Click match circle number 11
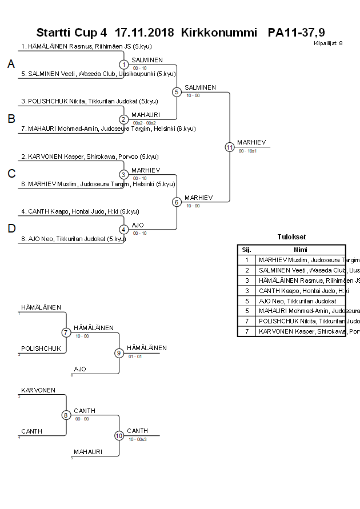[x=230, y=147]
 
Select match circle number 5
[x=177, y=92]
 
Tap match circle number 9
[x=119, y=353]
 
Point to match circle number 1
[x=124, y=65]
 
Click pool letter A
[x=11, y=65]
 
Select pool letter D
[x=11, y=229]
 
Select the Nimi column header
[x=301, y=250]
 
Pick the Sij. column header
[x=247, y=250]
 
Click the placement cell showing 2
[x=247, y=270]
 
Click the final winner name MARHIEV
[x=251, y=142]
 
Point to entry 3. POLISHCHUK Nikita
[x=89, y=102]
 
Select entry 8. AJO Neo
[x=77, y=239]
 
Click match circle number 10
[x=119, y=435]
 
